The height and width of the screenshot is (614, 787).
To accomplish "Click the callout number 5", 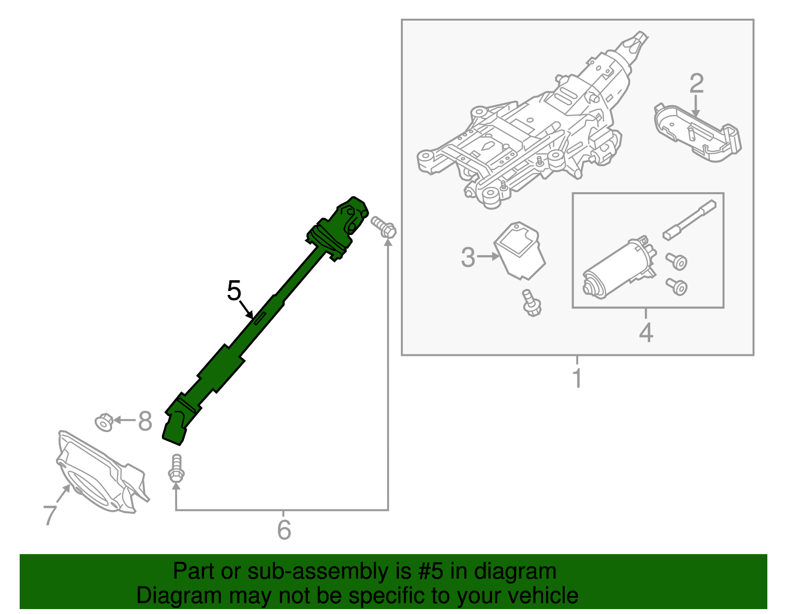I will [x=234, y=291].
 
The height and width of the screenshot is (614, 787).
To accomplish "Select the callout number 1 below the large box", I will [x=577, y=378].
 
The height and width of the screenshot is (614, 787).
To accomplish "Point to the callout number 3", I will [x=468, y=257].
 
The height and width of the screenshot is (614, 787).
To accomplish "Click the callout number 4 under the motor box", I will [x=646, y=332].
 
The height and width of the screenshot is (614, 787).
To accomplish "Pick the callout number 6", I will [x=284, y=530].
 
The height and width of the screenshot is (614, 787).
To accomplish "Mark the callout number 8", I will [x=145, y=421].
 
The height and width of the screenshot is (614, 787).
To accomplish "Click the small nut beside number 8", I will [x=104, y=422].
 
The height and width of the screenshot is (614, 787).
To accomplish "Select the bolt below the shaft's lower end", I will [x=176, y=468].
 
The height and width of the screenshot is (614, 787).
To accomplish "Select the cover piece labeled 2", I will [x=697, y=133].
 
